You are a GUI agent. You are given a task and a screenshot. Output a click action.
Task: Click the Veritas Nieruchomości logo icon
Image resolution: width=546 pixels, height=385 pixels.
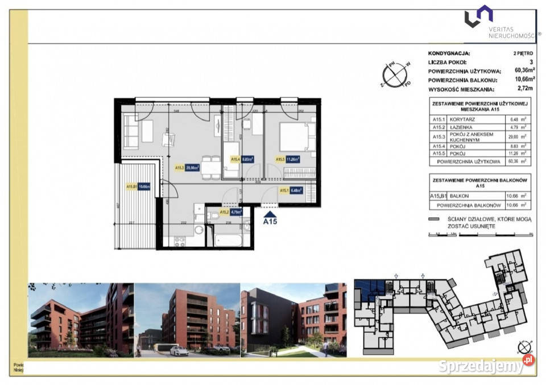478,16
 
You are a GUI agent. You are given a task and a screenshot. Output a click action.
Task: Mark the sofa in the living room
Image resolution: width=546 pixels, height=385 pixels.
131,132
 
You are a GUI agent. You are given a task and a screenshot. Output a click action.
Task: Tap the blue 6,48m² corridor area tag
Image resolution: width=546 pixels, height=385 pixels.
295,191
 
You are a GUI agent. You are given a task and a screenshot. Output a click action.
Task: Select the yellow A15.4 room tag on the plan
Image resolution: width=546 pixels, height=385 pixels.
234,160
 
